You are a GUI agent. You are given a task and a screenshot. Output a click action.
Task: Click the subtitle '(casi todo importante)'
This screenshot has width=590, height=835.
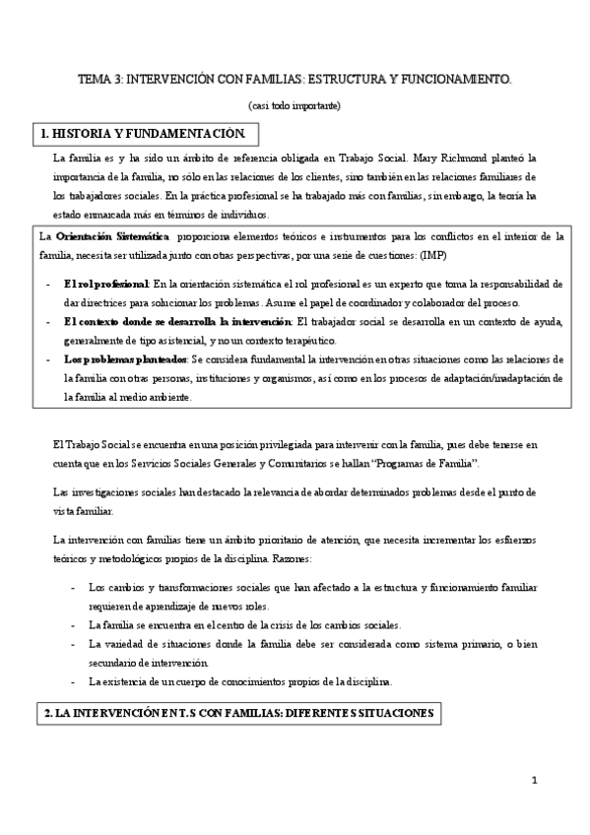coord(295,104)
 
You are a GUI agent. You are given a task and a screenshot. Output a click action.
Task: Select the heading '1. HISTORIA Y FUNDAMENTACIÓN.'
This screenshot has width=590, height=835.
coord(146,132)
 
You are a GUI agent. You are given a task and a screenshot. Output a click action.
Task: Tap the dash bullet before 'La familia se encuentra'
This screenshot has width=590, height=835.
coord(75,624)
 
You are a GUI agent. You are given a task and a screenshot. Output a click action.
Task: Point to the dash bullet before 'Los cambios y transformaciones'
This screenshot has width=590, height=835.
coord(75,587)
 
